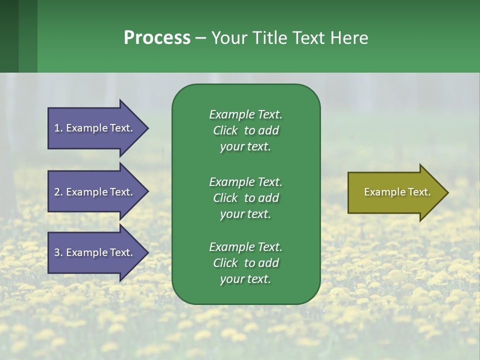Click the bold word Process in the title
click(157, 38)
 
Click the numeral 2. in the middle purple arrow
click(58, 192)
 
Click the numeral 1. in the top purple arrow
click(58, 128)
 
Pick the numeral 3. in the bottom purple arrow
click(58, 252)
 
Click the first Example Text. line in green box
click(245, 114)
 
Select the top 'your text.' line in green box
click(245, 146)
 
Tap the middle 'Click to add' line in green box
click(245, 198)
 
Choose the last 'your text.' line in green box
click(245, 279)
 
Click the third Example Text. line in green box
click(245, 247)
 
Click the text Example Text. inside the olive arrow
click(397, 192)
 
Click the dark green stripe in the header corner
click(9, 36)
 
